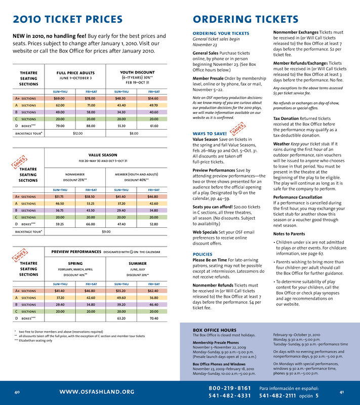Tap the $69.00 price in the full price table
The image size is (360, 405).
tap(59, 98)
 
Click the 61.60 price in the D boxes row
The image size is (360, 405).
tap(153, 125)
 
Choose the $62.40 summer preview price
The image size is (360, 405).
tap(153, 291)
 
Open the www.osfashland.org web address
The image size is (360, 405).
tap(97, 391)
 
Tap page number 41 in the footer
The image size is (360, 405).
tap(342, 392)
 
